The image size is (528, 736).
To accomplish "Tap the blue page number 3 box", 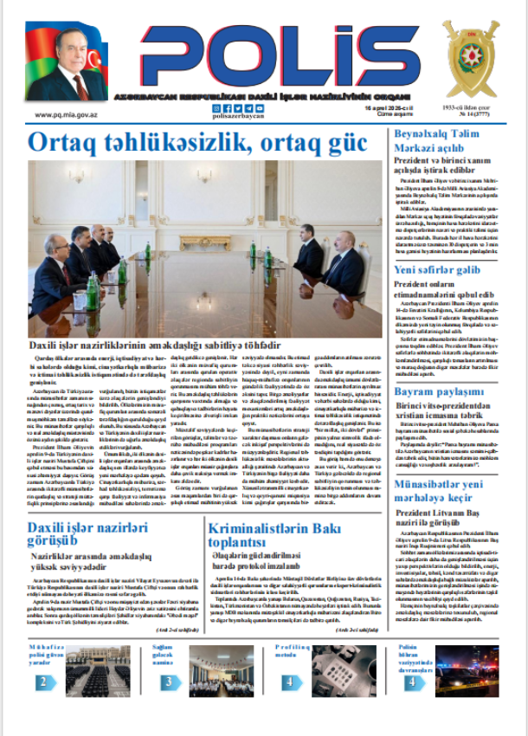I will click(x=167, y=681).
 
